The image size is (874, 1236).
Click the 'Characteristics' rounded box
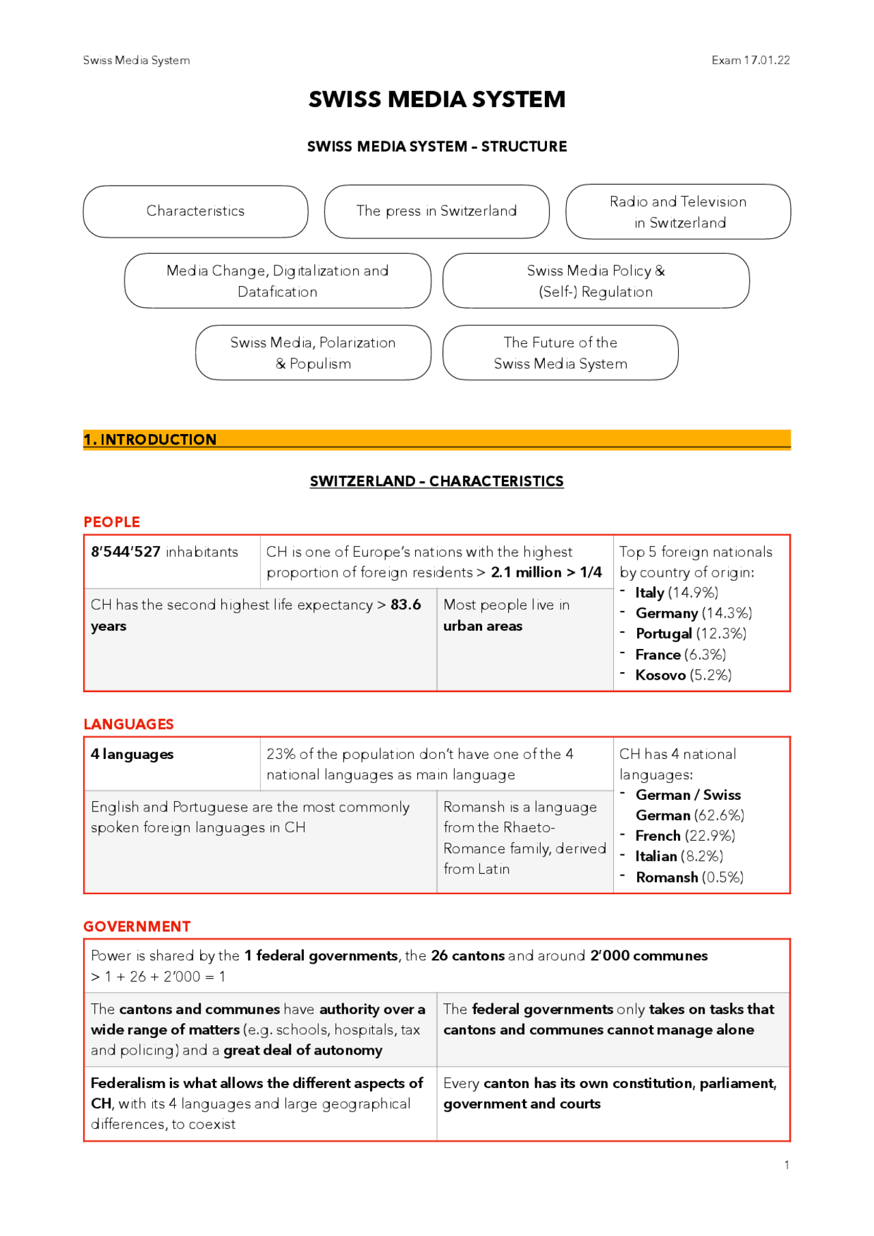tap(195, 211)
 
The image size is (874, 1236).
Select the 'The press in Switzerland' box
tap(436, 211)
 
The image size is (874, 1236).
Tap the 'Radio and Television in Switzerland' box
tap(678, 212)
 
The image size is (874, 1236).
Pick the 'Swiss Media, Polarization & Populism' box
tap(313, 353)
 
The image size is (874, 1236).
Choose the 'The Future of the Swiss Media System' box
tap(560, 353)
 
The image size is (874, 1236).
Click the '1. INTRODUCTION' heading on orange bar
tap(150, 440)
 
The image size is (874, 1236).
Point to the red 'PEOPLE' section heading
tap(112, 522)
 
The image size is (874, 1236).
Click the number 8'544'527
tap(126, 552)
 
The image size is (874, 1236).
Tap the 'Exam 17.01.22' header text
tap(750, 60)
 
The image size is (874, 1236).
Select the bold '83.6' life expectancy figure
tap(406, 605)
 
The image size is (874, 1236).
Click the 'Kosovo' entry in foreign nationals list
tap(660, 675)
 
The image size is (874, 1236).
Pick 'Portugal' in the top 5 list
tap(663, 633)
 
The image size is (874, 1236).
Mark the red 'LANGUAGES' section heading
tap(128, 724)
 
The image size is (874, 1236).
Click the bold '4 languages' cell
tap(132, 754)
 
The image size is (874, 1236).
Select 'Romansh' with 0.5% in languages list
tap(666, 877)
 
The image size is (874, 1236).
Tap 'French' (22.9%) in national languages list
tap(658, 836)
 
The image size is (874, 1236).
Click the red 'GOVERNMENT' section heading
tap(137, 927)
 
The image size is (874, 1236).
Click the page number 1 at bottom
tap(787, 1165)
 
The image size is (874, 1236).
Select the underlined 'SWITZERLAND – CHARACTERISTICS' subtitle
tap(436, 481)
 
